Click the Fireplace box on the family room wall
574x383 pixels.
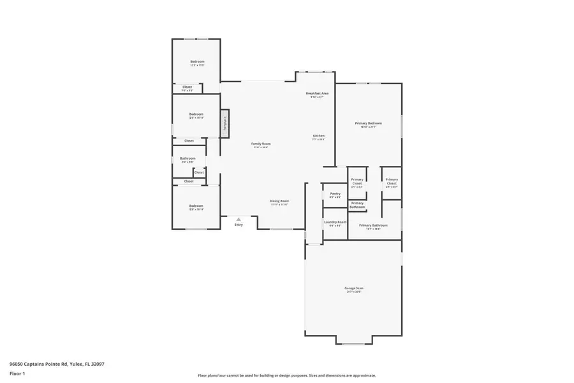[225, 123]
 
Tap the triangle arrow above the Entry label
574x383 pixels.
[239, 219]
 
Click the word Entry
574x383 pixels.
[239, 225]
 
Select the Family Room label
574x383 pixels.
[261, 144]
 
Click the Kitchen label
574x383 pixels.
[319, 136]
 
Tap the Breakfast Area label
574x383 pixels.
[317, 94]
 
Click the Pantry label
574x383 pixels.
[335, 194]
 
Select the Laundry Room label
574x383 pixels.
[335, 223]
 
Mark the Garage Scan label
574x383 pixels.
[354, 289]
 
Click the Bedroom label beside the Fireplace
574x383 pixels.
[196, 115]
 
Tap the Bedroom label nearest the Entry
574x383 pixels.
[196, 206]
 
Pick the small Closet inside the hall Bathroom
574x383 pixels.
[199, 172]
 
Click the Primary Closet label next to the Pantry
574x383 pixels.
[357, 182]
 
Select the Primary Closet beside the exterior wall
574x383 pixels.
[392, 182]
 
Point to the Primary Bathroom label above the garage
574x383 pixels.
[373, 225]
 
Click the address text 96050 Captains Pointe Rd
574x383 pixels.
[57, 364]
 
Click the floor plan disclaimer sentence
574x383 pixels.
[286, 375]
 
